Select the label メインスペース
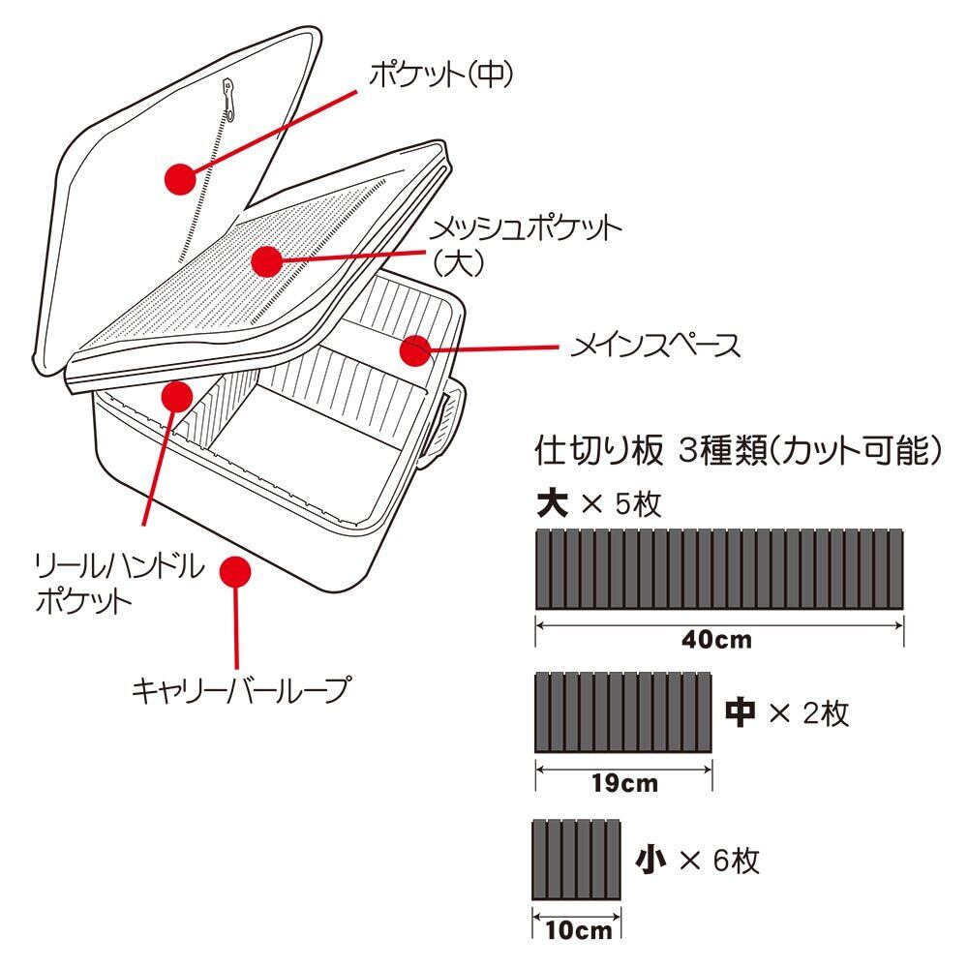tap(654, 346)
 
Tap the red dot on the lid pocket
tap(180, 178)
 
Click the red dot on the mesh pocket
tap(265, 259)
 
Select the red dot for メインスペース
tap(415, 351)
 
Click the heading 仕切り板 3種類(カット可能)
tap(738, 450)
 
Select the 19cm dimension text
tap(625, 782)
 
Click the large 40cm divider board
tap(719, 569)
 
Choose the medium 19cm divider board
tap(624, 712)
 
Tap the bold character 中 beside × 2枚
tap(741, 713)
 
